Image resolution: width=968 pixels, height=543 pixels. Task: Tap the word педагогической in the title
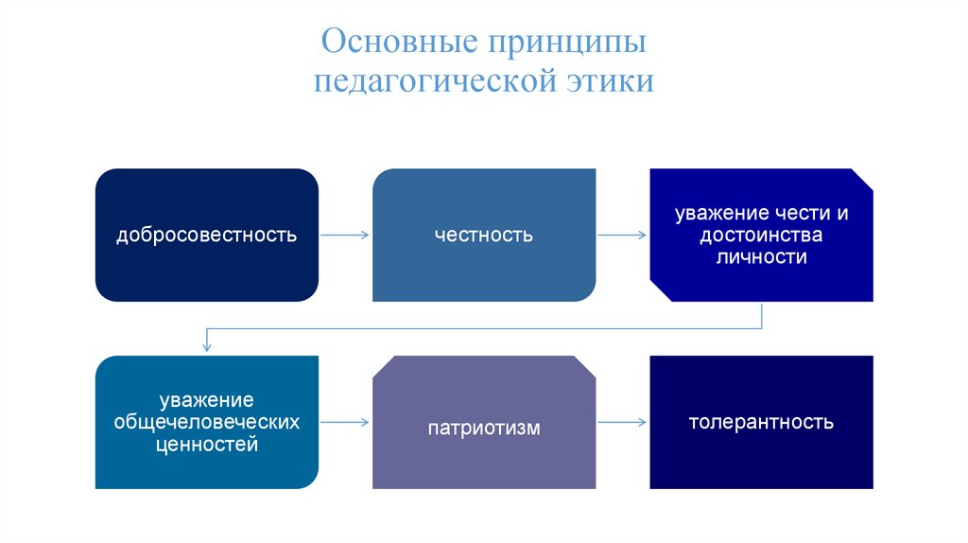(436, 82)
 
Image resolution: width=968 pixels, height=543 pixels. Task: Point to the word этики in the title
(611, 82)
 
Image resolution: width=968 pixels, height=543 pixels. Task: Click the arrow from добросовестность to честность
(345, 235)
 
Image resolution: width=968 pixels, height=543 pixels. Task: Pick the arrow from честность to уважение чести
(623, 235)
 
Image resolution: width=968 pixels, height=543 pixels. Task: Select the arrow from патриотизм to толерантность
(623, 423)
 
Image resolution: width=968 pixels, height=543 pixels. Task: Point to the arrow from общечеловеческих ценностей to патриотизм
(345, 423)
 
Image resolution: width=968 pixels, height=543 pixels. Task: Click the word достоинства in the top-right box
(762, 235)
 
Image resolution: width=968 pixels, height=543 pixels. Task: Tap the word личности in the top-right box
(762, 256)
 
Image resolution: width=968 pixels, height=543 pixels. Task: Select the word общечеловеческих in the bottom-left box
(207, 422)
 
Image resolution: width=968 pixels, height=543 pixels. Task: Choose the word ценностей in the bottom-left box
(207, 444)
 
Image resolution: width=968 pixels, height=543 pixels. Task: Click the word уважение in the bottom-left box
(207, 400)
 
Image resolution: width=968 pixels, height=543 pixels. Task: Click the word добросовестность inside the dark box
(207, 235)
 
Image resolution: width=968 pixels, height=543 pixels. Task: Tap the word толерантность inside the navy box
(762, 422)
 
